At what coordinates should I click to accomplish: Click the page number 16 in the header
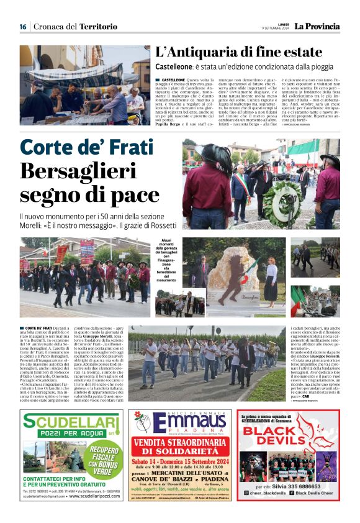click(23, 27)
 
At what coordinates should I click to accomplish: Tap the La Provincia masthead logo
click(317, 26)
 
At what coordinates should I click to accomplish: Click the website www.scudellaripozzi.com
click(95, 496)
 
